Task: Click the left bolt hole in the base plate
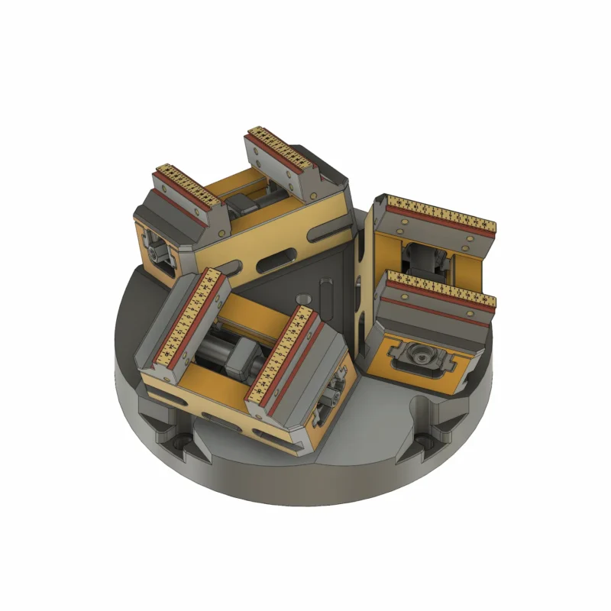(x=181, y=442)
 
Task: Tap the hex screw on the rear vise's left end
(x=159, y=251)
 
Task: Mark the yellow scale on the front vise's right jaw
(x=285, y=352)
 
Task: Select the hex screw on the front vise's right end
(x=332, y=396)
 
